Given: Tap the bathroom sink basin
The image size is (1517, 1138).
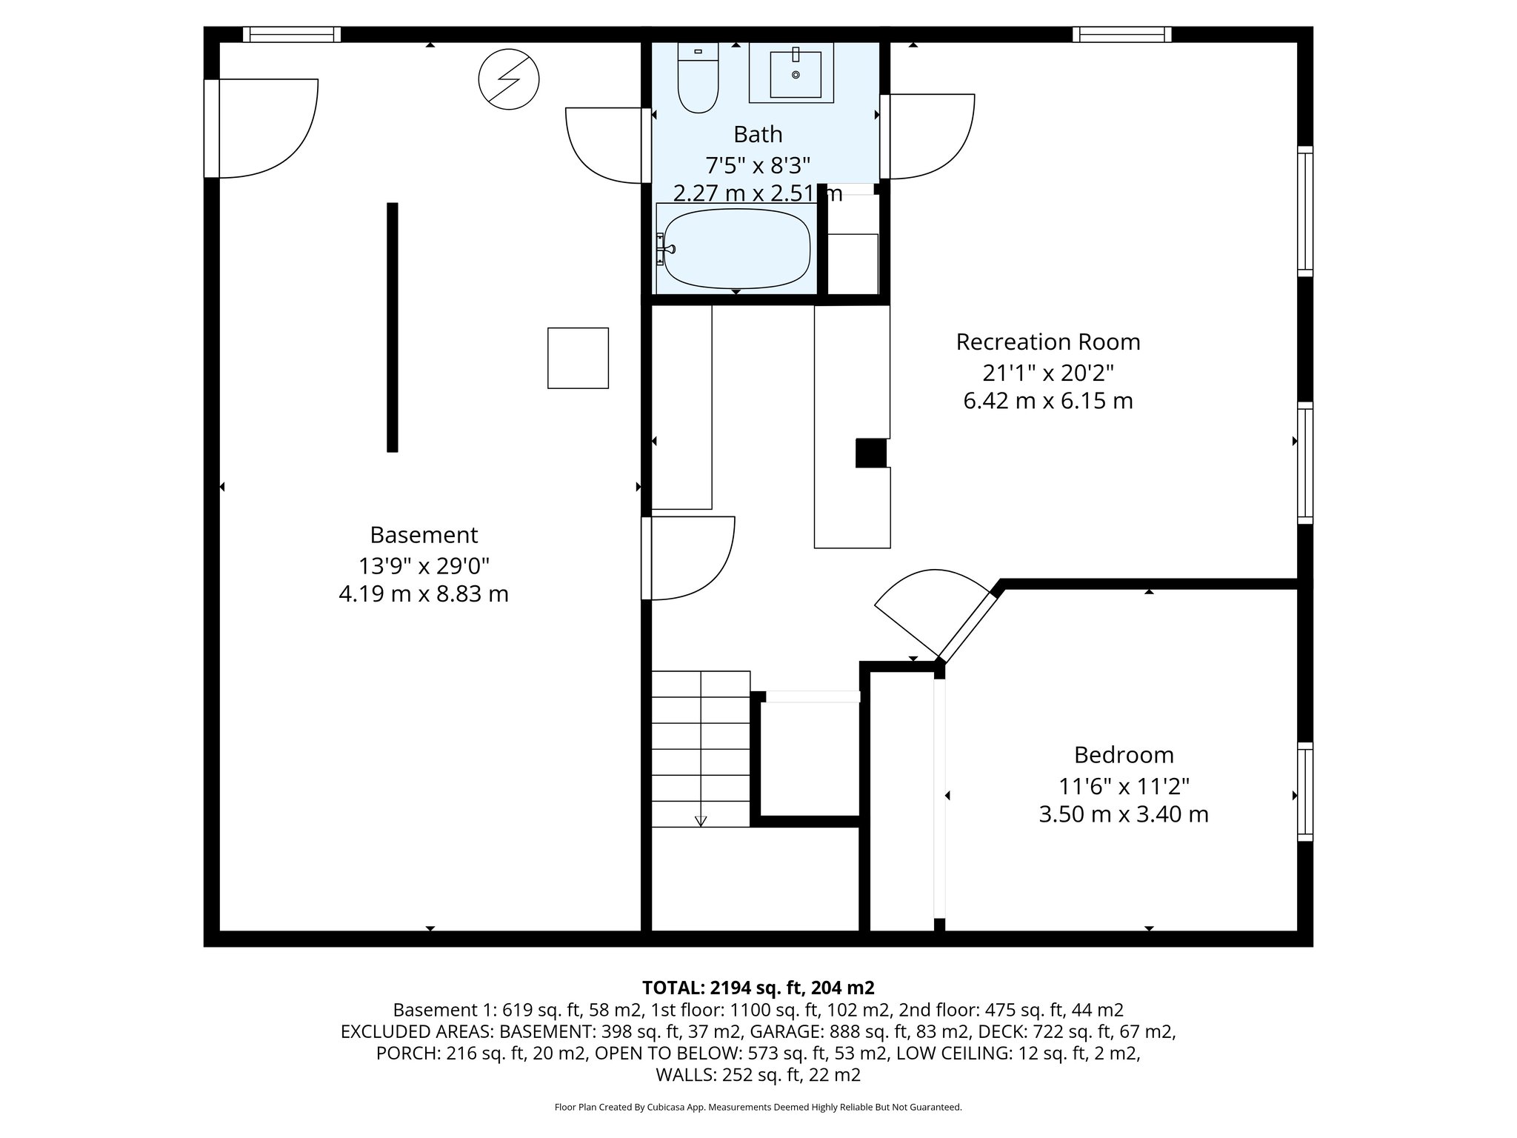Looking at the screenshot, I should (x=796, y=74).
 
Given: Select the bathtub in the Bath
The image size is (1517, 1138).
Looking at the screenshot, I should (x=736, y=249).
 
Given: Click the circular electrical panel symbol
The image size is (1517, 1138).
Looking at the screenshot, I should (x=509, y=79).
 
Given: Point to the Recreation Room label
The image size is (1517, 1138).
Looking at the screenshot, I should (x=1047, y=342).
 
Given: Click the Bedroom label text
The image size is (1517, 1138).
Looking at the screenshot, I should (x=1124, y=755).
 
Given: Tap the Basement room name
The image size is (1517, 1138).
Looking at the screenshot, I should (x=424, y=535).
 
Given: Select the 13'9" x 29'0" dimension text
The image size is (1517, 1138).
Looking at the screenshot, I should (x=424, y=566).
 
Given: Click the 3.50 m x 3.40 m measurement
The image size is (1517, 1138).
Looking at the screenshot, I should (x=1124, y=815).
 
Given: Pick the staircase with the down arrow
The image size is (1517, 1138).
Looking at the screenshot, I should (x=701, y=748).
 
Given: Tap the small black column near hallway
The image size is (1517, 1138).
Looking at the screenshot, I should (x=871, y=453).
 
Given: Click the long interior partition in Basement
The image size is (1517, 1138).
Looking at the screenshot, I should (x=392, y=327).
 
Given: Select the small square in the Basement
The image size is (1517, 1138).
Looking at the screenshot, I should (x=578, y=358).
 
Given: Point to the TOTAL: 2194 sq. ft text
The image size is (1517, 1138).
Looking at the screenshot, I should (x=758, y=988).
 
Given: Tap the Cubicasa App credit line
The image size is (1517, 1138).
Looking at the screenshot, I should (x=758, y=1108).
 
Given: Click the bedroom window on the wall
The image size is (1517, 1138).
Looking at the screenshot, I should (x=1305, y=791).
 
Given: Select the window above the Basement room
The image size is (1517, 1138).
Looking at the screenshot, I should (x=291, y=34).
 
